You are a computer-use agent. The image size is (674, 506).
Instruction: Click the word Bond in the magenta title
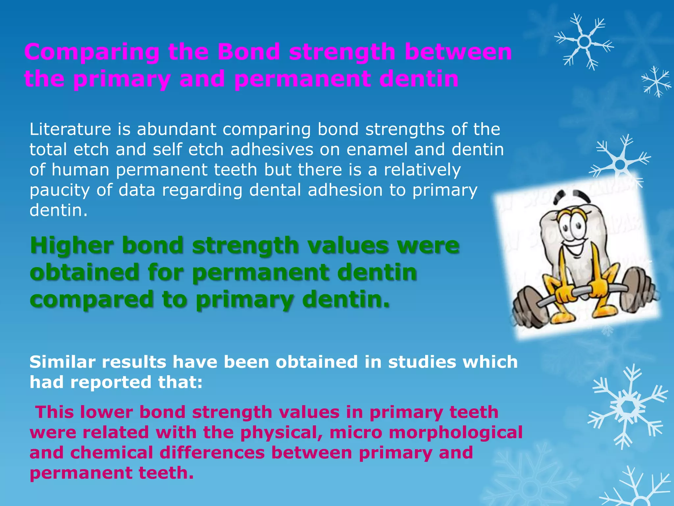pos(248,52)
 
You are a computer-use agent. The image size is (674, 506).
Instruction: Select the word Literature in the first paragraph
pos(70,129)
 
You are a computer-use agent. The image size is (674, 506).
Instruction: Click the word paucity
pos(60,190)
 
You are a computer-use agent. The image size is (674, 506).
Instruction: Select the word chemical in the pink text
pos(112,453)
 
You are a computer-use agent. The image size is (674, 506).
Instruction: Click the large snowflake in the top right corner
pos(584,42)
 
